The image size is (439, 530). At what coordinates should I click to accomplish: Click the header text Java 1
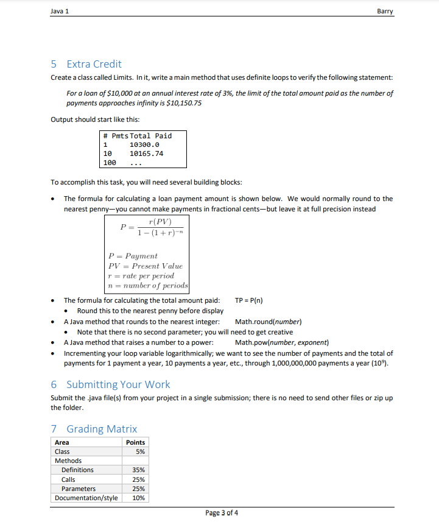pos(60,10)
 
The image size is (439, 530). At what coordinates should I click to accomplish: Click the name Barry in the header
pos(385,10)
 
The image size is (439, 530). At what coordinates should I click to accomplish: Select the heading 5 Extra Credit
pos(86,64)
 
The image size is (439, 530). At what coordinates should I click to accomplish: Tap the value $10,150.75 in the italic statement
pos(183,103)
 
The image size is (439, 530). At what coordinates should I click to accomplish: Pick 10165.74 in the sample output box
pos(146,154)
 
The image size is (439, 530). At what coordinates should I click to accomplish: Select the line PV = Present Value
pos(145,266)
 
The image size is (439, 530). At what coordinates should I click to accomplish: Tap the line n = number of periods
pos(148,286)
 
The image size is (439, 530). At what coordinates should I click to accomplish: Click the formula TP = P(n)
pos(248,300)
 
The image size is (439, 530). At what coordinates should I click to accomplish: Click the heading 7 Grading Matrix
pos(94,429)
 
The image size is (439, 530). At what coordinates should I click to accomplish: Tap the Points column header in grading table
pos(135,442)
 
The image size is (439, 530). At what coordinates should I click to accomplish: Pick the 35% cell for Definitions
pos(138,470)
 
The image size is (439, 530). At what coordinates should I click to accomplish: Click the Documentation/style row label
pos(86,498)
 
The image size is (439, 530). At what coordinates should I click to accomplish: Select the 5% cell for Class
pos(140,451)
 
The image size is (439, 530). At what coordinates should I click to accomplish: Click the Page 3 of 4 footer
pos(222,512)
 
